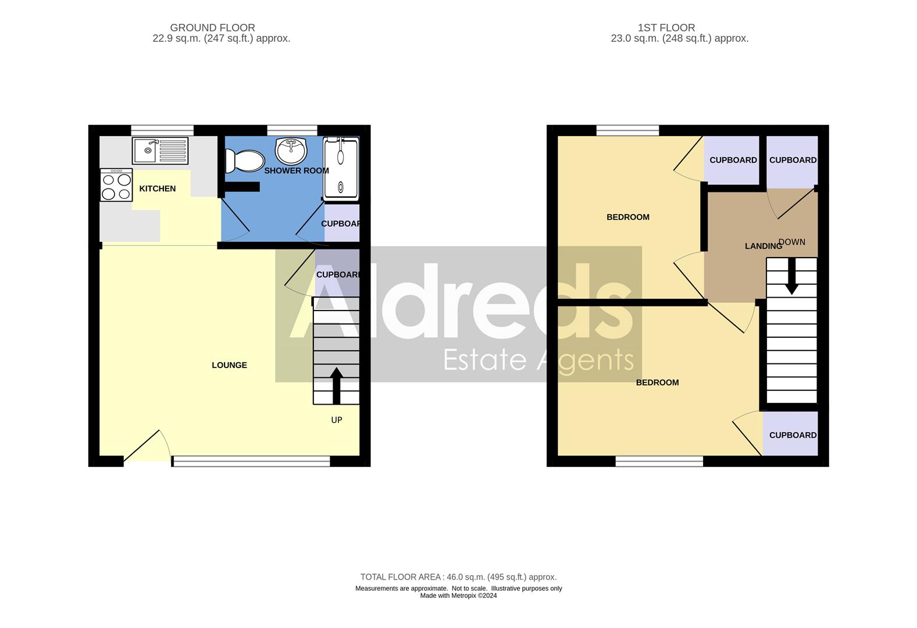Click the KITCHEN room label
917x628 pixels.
point(157,188)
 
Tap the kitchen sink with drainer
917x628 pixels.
point(160,151)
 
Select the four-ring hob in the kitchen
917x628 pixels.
point(116,185)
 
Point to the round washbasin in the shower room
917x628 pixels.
point(291,151)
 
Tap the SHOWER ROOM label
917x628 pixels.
point(297,171)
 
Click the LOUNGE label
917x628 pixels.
point(229,365)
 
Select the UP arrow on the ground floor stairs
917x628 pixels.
point(336,384)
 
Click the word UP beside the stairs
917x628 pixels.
point(337,420)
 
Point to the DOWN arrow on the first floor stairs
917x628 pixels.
point(791,277)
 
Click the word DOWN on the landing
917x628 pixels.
point(792,242)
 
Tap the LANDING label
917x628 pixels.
point(763,247)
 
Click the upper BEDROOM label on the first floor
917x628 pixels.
point(628,217)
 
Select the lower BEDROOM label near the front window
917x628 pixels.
point(657,383)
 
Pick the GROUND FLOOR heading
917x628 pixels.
point(212,27)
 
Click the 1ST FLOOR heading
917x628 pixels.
point(666,27)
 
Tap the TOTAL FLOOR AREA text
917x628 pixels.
point(458,577)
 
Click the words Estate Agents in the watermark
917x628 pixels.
point(538,360)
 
